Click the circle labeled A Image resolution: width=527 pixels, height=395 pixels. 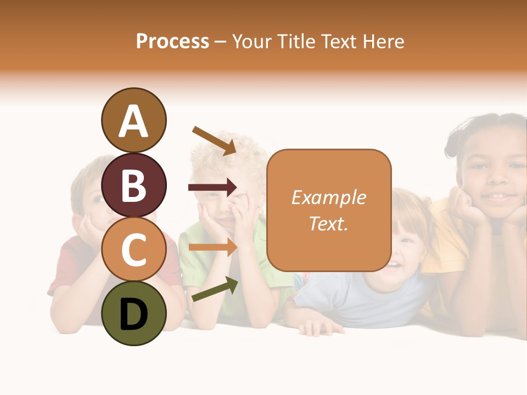pos(133,120)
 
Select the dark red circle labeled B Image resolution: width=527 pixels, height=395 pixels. pos(133,185)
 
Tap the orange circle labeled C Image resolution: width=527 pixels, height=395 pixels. pos(133,249)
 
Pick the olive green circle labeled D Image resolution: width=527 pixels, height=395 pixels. pos(133,313)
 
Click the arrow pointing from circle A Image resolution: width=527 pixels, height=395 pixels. pos(214,140)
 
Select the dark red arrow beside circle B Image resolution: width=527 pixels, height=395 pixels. pos(212,188)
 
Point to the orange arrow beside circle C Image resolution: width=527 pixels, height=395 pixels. pos(212,247)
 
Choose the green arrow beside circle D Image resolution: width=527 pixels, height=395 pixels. pos(214,289)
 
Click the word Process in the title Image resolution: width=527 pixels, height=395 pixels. pos(172,41)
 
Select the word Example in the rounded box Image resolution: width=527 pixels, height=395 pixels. pos(328,198)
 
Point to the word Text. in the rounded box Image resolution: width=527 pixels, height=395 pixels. pos(328,223)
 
